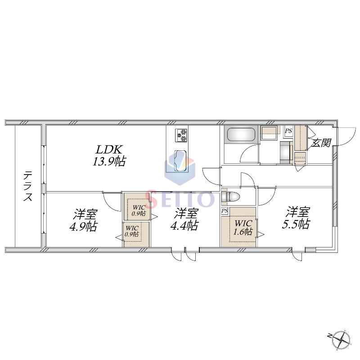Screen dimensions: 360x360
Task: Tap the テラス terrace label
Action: point(28,186)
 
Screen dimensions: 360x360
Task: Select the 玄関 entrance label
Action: point(321,143)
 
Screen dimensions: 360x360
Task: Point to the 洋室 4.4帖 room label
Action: point(184,219)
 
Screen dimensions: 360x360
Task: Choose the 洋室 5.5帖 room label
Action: point(296,218)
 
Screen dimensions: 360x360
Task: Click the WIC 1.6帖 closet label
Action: point(243,227)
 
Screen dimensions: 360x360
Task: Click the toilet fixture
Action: point(230,197)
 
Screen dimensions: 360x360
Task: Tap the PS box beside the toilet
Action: point(225,210)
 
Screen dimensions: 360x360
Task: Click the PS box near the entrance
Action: point(288,131)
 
